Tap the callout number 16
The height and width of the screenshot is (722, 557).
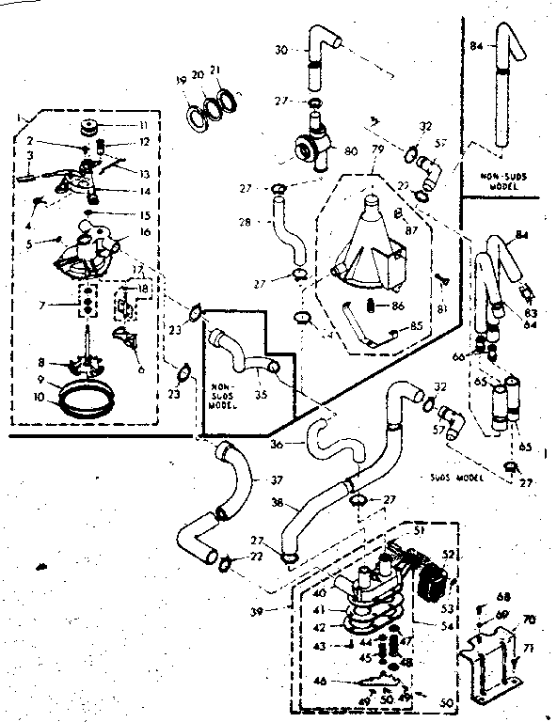coord(144,229)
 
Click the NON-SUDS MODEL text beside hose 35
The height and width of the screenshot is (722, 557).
coord(222,370)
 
